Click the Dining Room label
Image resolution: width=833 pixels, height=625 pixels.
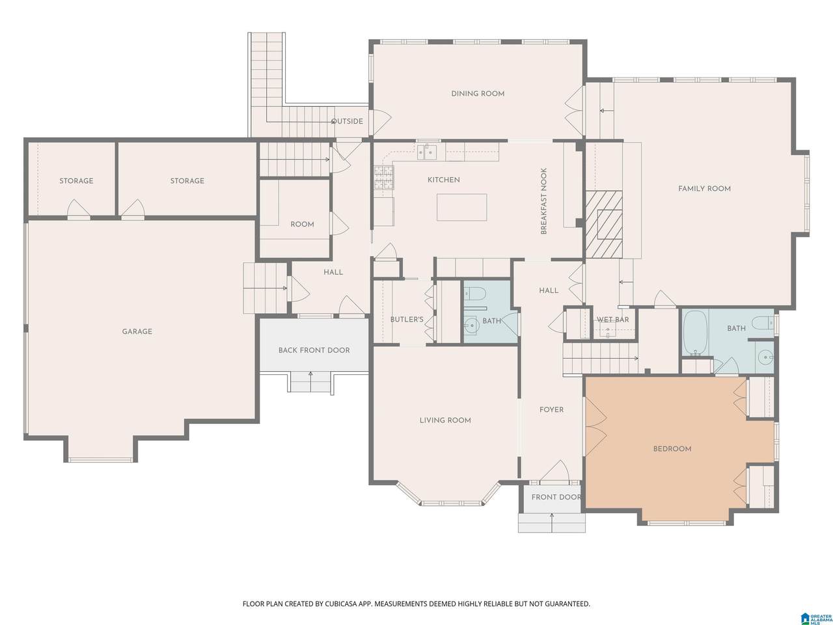(x=478, y=94)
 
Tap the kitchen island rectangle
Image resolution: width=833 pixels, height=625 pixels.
(x=461, y=207)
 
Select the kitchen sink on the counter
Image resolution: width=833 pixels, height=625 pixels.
(x=428, y=152)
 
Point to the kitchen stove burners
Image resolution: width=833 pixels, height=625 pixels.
(x=384, y=178)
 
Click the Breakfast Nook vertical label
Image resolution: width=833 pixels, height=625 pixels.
(x=543, y=201)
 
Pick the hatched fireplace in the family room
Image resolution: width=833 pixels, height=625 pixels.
(x=604, y=224)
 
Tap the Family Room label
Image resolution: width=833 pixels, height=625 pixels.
(x=704, y=189)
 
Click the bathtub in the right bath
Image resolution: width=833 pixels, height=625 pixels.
(x=695, y=333)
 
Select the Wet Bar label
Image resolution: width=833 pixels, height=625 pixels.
(x=613, y=320)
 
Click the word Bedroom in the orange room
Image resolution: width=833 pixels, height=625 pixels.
(x=672, y=449)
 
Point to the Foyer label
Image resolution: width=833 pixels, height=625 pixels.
(x=551, y=410)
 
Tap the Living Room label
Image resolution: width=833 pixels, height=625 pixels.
(x=445, y=421)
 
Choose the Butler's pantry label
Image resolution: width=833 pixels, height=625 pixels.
(x=407, y=320)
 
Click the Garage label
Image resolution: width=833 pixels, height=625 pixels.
(x=137, y=331)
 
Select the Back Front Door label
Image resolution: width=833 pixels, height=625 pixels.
(x=314, y=350)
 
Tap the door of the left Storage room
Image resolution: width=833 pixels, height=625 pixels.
(x=79, y=209)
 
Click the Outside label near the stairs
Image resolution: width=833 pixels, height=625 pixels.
(x=348, y=122)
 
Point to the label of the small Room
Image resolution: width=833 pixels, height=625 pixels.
(x=302, y=224)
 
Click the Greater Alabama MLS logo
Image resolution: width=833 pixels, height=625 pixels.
(x=816, y=615)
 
